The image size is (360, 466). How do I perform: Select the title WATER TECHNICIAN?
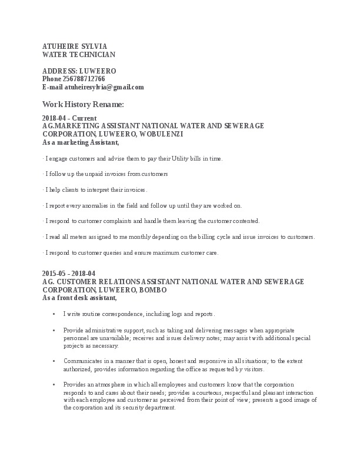(x=79, y=54)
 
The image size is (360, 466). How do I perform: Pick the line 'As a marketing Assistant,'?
(x=81, y=142)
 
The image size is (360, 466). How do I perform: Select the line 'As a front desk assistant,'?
(x=84, y=298)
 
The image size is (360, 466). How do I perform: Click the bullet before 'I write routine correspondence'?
(x=55, y=314)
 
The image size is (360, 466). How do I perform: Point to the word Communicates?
(x=82, y=361)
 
